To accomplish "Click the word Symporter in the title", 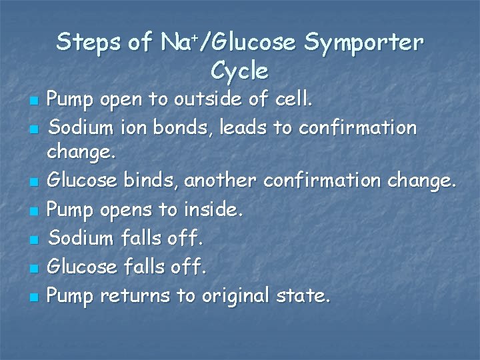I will [x=363, y=43].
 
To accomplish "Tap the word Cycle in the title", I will [x=239, y=71].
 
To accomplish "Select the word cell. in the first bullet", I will [x=294, y=101].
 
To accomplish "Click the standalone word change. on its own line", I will [x=81, y=153].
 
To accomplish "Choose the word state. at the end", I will [x=303, y=295].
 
